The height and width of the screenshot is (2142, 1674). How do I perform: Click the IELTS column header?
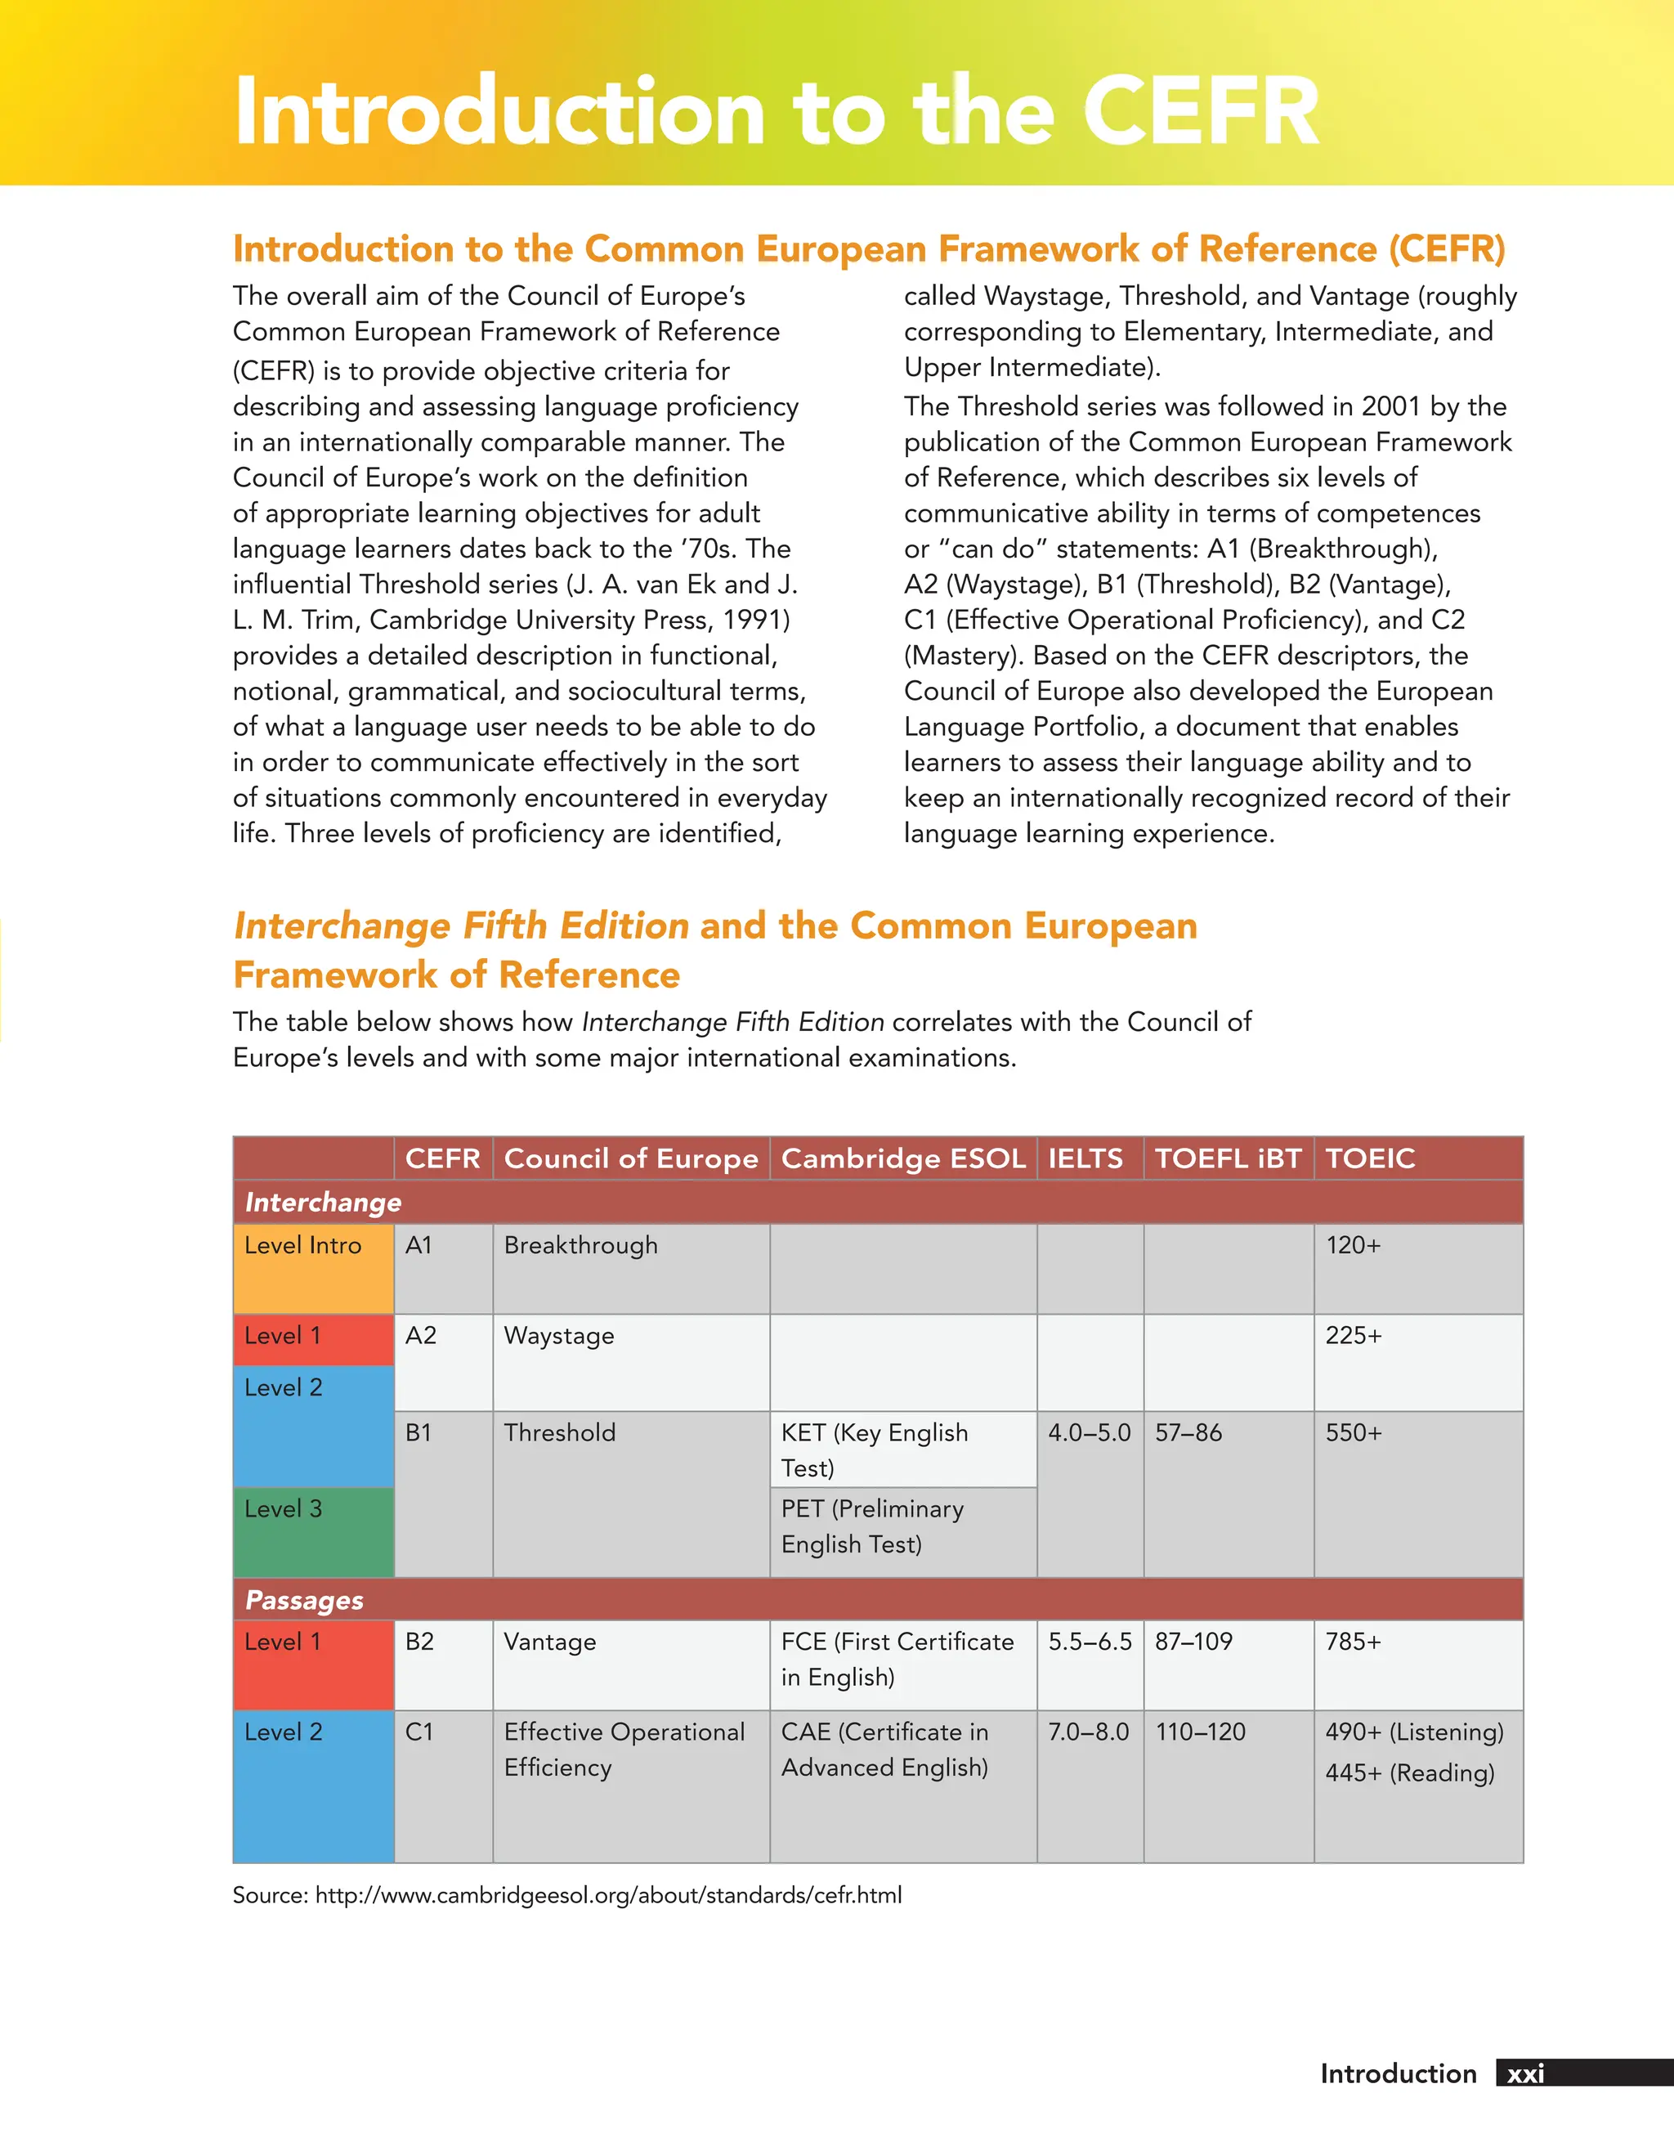1085,1158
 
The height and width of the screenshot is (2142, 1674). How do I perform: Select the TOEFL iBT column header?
1227,1158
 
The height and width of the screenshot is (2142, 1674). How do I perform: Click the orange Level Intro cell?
313,1267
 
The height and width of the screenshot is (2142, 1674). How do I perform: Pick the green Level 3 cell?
313,1531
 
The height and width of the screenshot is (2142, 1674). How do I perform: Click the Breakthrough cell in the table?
580,1246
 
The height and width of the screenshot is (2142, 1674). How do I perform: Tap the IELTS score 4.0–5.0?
1089,1433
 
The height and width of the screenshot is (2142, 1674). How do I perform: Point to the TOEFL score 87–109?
1193,1642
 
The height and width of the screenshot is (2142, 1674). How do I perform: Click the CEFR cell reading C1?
418,1732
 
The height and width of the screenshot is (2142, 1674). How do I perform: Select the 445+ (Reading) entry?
1409,1773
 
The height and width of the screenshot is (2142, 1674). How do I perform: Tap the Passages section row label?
304,1601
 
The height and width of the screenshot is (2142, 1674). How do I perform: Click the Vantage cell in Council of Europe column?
549,1642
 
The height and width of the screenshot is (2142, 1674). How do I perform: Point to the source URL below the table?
608,1895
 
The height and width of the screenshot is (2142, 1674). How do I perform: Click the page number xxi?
1525,2073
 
